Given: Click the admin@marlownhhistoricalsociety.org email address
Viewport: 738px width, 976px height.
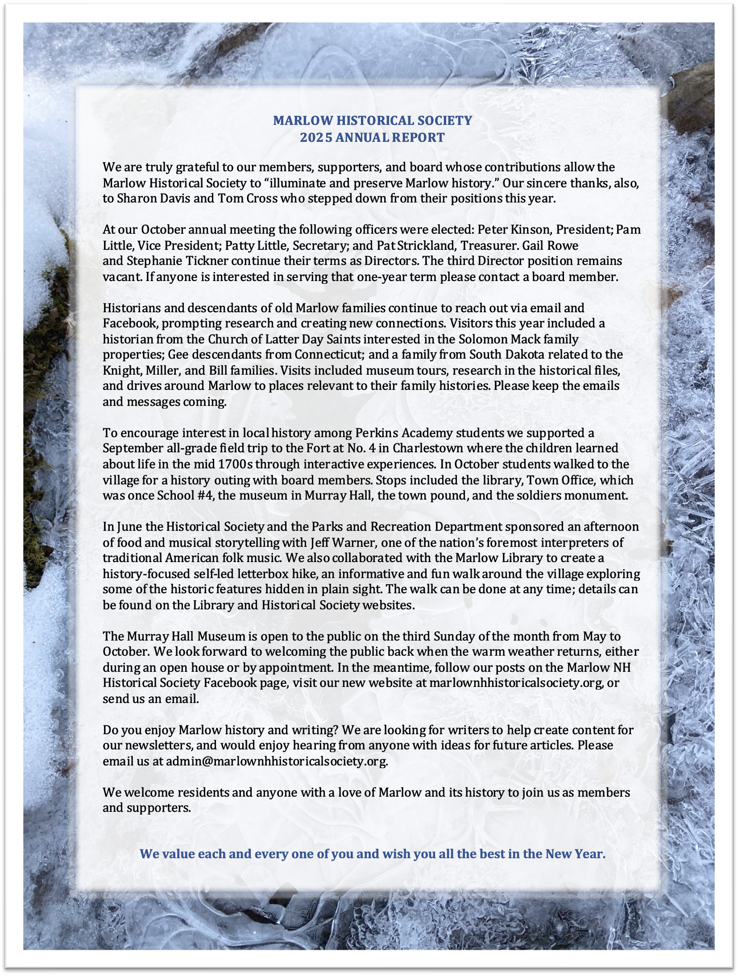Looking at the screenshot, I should (x=277, y=761).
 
